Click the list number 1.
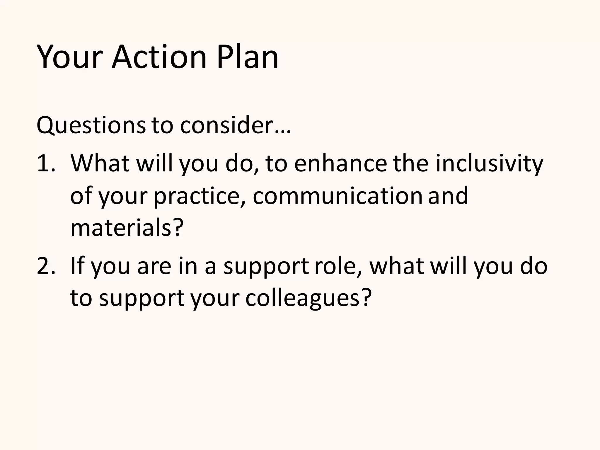pyautogui.click(x=46, y=163)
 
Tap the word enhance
pyautogui.click(x=340, y=163)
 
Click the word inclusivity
pyautogui.click(x=489, y=163)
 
